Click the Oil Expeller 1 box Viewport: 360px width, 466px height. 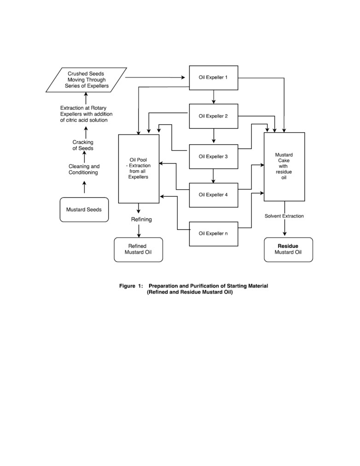[x=214, y=78]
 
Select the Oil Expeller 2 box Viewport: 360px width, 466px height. [x=214, y=116]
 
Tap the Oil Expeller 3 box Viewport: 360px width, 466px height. [x=214, y=157]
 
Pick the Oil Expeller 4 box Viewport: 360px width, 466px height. [x=214, y=195]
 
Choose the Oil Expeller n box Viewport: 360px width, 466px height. [x=214, y=234]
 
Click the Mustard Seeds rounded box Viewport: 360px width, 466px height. [x=84, y=210]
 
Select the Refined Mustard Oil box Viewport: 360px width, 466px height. [x=139, y=250]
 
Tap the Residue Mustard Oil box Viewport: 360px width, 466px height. [x=289, y=250]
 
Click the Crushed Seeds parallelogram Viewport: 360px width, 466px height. [x=86, y=80]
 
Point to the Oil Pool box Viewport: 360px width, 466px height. [x=139, y=169]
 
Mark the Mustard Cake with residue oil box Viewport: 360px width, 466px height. [x=284, y=167]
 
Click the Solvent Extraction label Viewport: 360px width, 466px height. [x=284, y=216]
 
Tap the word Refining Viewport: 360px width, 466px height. [x=141, y=219]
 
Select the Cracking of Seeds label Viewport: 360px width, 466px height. [x=83, y=145]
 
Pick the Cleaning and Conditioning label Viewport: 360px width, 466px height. [x=84, y=169]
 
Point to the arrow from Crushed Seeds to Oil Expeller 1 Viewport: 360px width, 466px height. [x=155, y=77]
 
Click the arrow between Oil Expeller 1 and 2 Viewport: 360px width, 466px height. [x=214, y=97]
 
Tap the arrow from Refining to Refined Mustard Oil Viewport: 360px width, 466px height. [x=139, y=231]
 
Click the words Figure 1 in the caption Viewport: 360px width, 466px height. [x=131, y=286]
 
